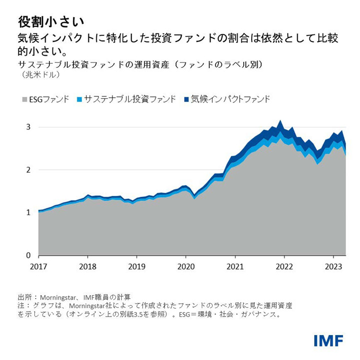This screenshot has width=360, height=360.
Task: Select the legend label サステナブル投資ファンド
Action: click(130, 99)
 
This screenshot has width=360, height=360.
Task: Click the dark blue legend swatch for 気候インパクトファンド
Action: click(186, 99)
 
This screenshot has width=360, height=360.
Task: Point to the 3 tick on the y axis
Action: click(28, 127)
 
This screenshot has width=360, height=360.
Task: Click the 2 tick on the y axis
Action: click(28, 170)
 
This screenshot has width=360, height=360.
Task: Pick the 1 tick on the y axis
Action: click(28, 213)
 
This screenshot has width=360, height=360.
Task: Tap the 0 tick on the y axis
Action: click(28, 255)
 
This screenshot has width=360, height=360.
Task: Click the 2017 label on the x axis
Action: click(39, 266)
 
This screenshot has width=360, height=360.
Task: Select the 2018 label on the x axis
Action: click(88, 266)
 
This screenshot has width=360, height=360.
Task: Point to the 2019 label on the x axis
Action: click(137, 266)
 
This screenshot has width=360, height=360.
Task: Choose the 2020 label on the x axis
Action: click(186, 266)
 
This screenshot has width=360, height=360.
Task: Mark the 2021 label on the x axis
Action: click(235, 266)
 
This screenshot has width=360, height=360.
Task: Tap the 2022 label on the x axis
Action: click(284, 266)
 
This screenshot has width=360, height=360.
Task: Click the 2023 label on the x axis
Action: click(333, 266)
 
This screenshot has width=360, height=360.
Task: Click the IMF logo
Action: click(328, 341)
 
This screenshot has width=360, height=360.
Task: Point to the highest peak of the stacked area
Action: click(280, 121)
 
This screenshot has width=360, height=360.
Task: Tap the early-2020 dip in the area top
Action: click(195, 196)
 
